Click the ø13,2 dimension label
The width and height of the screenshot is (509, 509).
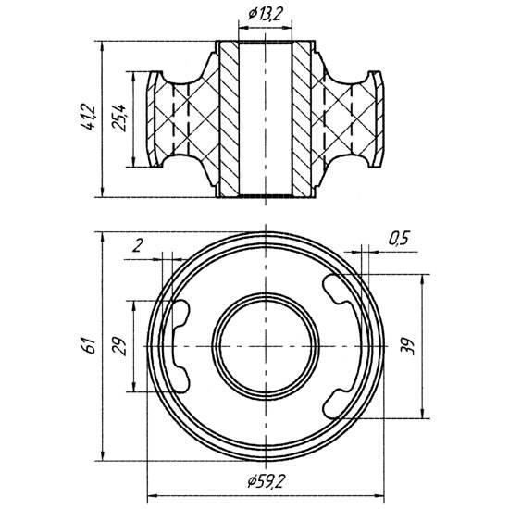(x=266, y=14)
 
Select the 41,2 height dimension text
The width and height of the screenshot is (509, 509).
(x=89, y=117)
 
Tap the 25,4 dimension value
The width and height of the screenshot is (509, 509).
(x=119, y=118)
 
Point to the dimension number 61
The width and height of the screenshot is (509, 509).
(x=89, y=345)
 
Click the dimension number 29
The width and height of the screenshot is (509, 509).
(x=118, y=346)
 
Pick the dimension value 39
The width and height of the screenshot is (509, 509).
(x=408, y=346)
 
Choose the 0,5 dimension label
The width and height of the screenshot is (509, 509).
(x=399, y=238)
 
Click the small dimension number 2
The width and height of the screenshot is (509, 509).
(x=138, y=245)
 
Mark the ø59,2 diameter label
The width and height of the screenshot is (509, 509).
(x=267, y=480)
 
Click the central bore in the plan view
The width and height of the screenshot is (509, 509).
(x=266, y=346)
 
